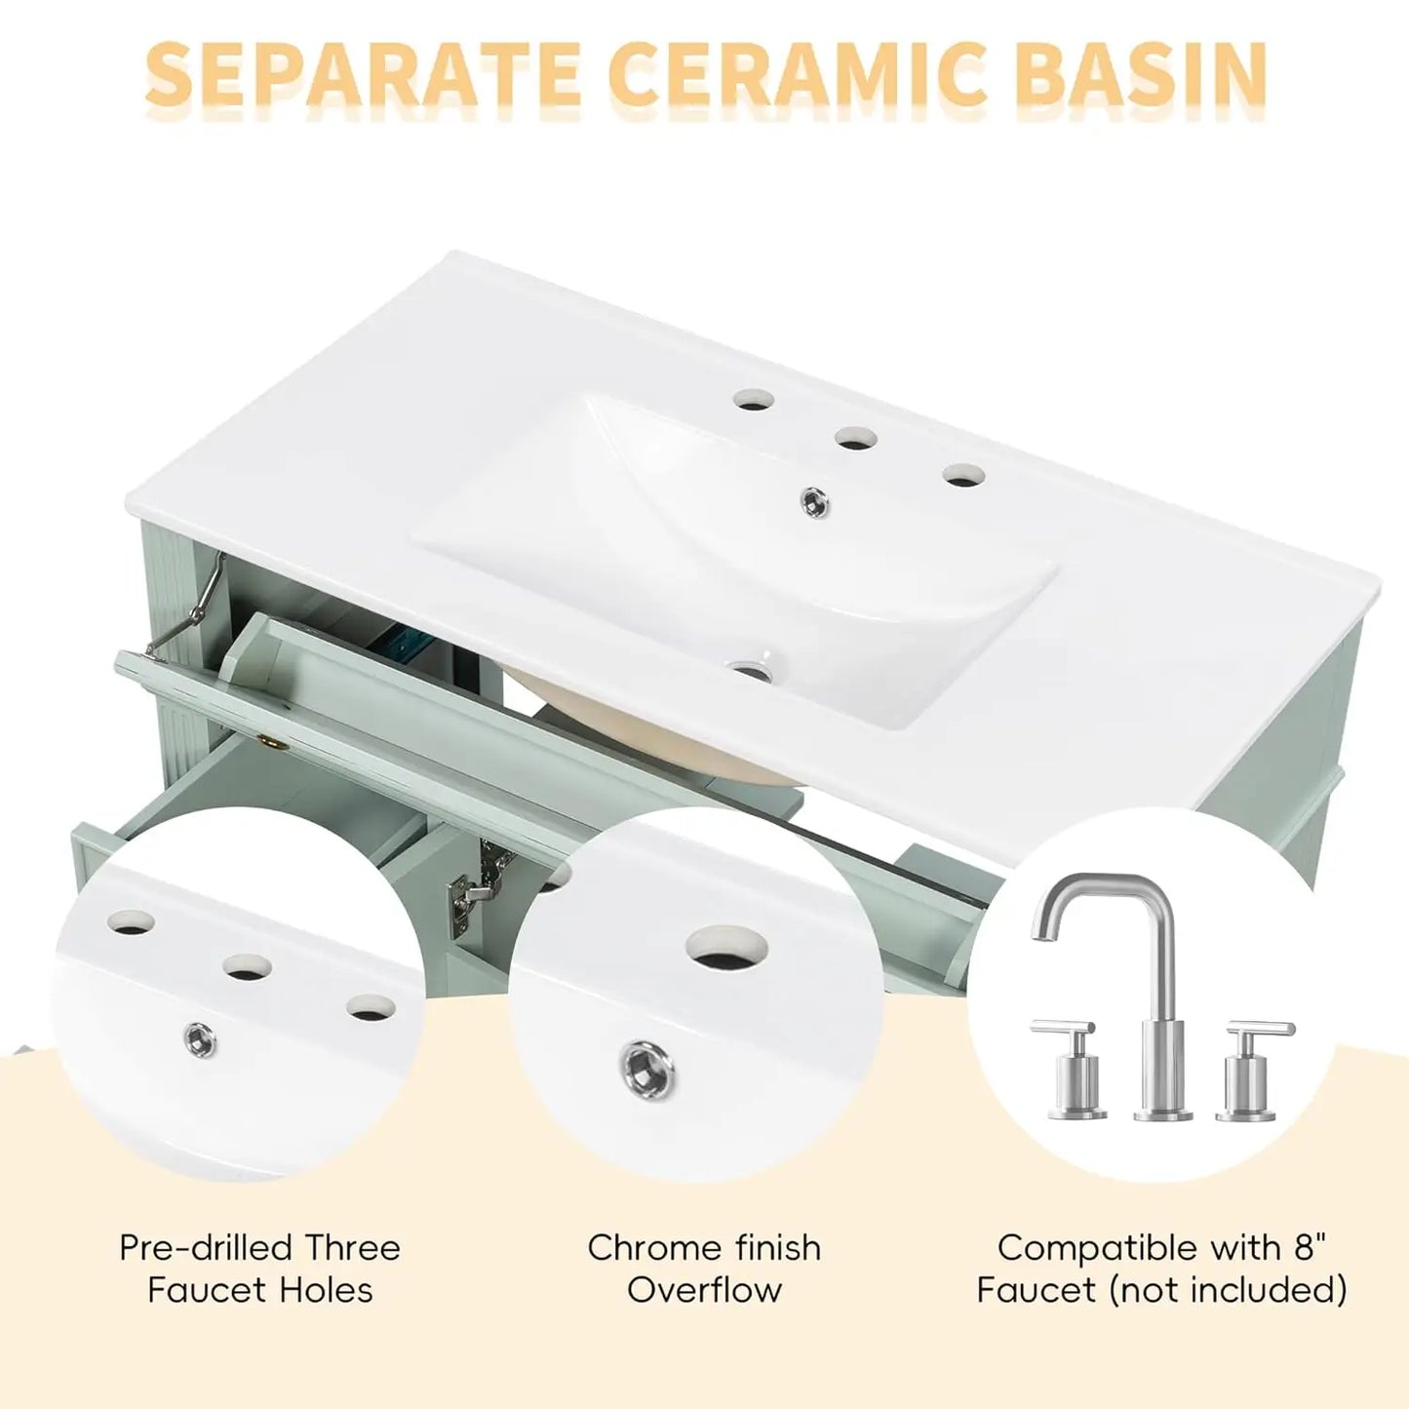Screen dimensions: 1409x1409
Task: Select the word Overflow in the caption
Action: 704,1290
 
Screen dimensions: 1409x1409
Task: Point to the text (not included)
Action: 1229,1290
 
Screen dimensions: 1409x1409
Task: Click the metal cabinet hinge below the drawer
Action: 465,886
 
